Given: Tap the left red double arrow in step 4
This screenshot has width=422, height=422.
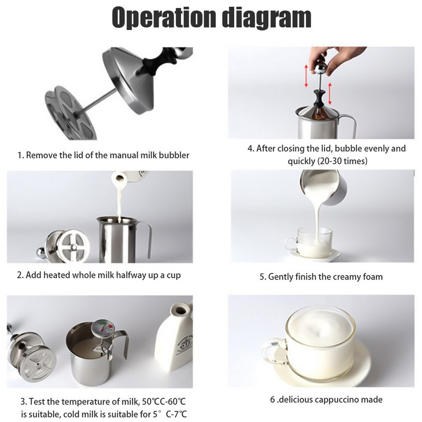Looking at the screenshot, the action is click(x=306, y=75).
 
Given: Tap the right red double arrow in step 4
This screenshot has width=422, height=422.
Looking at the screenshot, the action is click(x=330, y=94).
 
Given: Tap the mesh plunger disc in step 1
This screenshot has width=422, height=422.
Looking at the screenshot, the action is click(x=71, y=113).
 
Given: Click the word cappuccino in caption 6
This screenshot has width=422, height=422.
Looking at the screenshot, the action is click(x=336, y=400).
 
